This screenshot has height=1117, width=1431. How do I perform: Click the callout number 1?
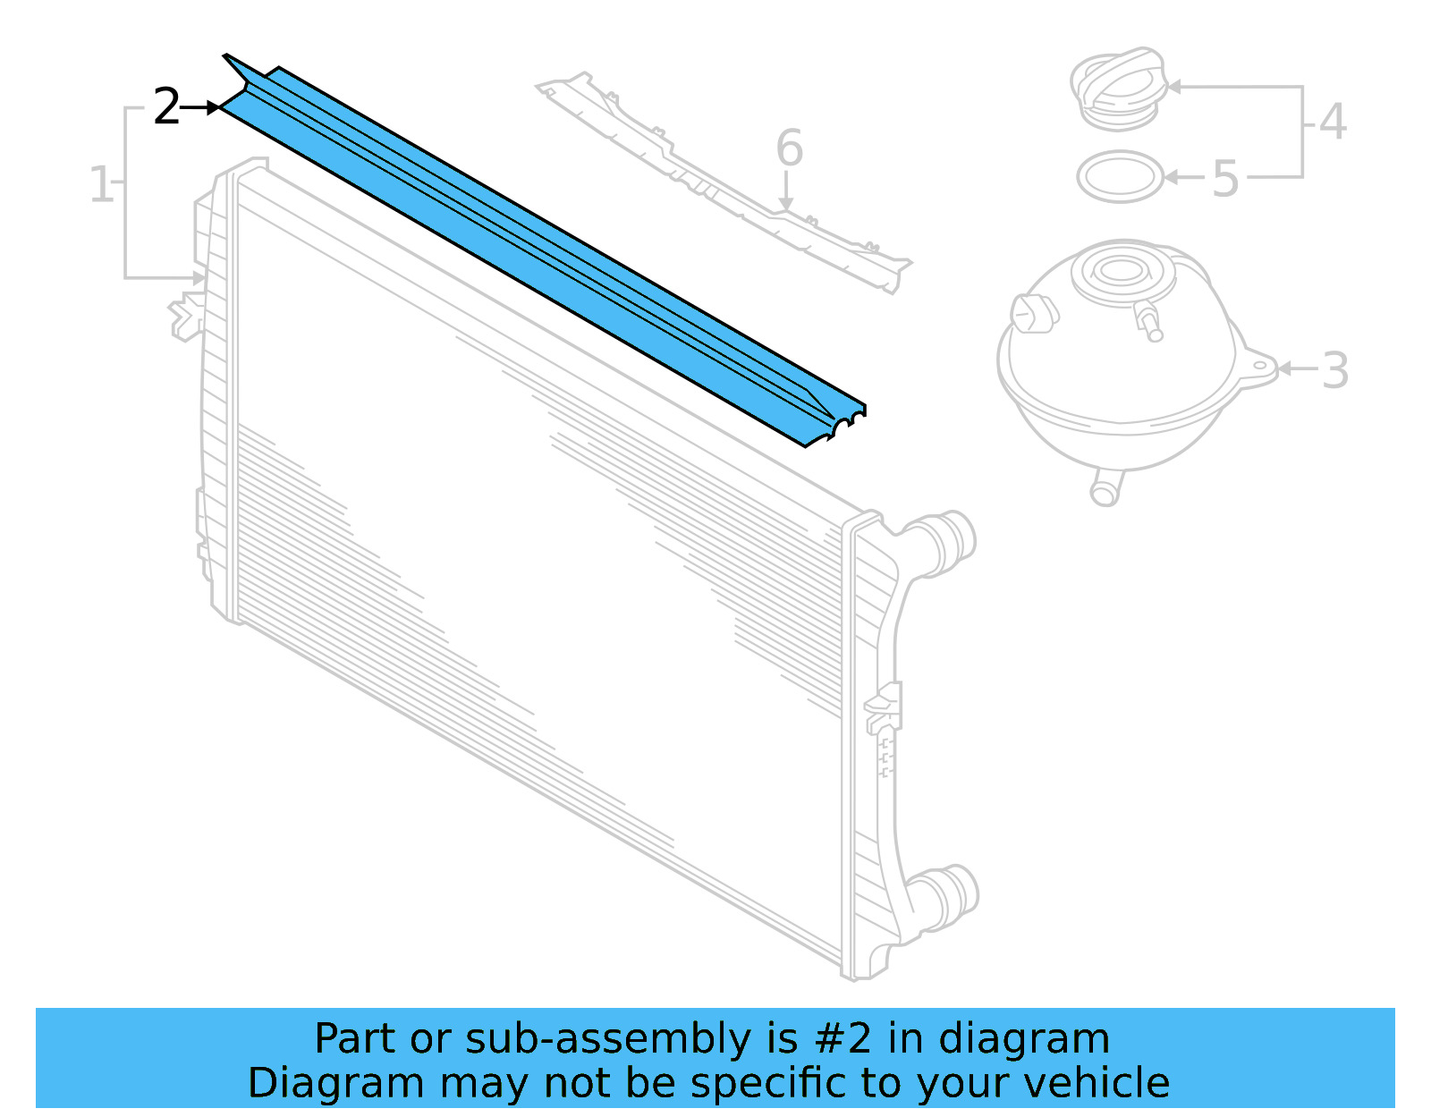click(x=101, y=185)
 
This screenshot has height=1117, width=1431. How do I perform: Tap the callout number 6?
click(x=789, y=148)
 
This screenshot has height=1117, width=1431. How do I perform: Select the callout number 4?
click(x=1333, y=122)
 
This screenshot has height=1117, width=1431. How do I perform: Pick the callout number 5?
click(x=1225, y=179)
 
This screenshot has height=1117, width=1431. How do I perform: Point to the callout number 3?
click(x=1334, y=369)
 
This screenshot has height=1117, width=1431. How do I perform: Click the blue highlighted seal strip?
click(x=537, y=250)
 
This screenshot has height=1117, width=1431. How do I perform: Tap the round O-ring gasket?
click(x=1120, y=176)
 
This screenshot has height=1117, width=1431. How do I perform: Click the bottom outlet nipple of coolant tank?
click(x=1105, y=490)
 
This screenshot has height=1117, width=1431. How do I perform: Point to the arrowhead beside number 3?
click(x=1285, y=368)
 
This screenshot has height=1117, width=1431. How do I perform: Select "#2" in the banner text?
click(x=843, y=1039)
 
